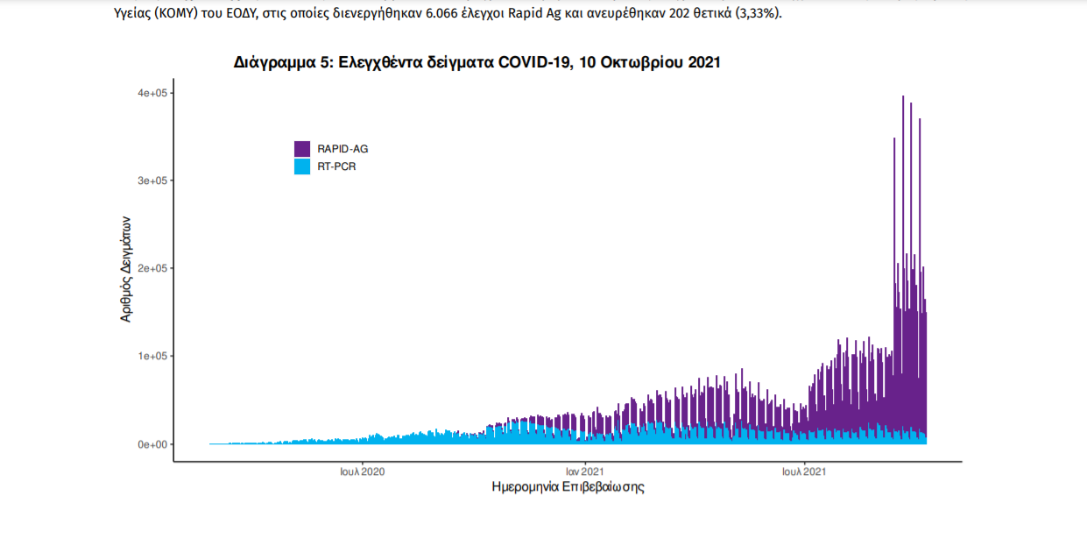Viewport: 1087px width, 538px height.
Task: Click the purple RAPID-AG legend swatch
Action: tap(302, 149)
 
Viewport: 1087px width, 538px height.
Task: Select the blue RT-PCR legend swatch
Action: tap(302, 166)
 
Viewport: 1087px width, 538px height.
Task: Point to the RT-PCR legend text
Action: tap(337, 166)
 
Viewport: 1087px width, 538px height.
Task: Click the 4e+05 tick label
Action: tap(151, 93)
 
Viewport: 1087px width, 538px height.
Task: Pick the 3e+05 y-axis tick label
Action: tap(151, 181)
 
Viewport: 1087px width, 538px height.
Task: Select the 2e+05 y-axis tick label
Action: tap(151, 268)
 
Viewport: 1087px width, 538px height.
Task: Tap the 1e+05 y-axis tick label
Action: tap(151, 357)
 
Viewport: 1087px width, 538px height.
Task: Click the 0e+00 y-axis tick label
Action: tap(151, 444)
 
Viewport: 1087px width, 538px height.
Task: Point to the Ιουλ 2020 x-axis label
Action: tap(363, 471)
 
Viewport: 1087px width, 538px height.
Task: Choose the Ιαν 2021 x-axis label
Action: tap(582, 471)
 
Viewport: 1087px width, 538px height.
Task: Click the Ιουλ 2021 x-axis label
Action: tap(804, 471)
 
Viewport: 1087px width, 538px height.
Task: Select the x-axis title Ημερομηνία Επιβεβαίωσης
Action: tap(568, 487)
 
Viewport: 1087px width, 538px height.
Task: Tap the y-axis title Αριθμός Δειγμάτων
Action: tap(126, 268)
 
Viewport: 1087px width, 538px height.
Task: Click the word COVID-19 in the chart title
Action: tap(532, 63)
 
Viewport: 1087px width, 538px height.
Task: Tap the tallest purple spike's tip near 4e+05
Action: tap(903, 97)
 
